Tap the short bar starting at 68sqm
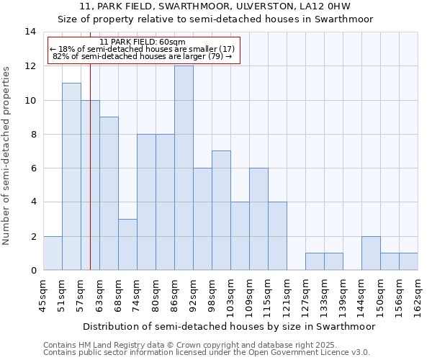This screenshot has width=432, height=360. [127, 244]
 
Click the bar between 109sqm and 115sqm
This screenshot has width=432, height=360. [258, 219]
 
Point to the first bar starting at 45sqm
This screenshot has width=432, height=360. [53, 253]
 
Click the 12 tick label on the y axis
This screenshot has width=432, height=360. [30, 66]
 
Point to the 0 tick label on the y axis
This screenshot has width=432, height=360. [32, 271]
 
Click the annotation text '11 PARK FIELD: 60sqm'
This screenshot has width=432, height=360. [143, 42]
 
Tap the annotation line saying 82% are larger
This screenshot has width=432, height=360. [143, 56]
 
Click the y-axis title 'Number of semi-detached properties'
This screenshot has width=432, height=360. [7, 155]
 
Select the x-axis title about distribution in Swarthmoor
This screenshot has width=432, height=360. [229, 326]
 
